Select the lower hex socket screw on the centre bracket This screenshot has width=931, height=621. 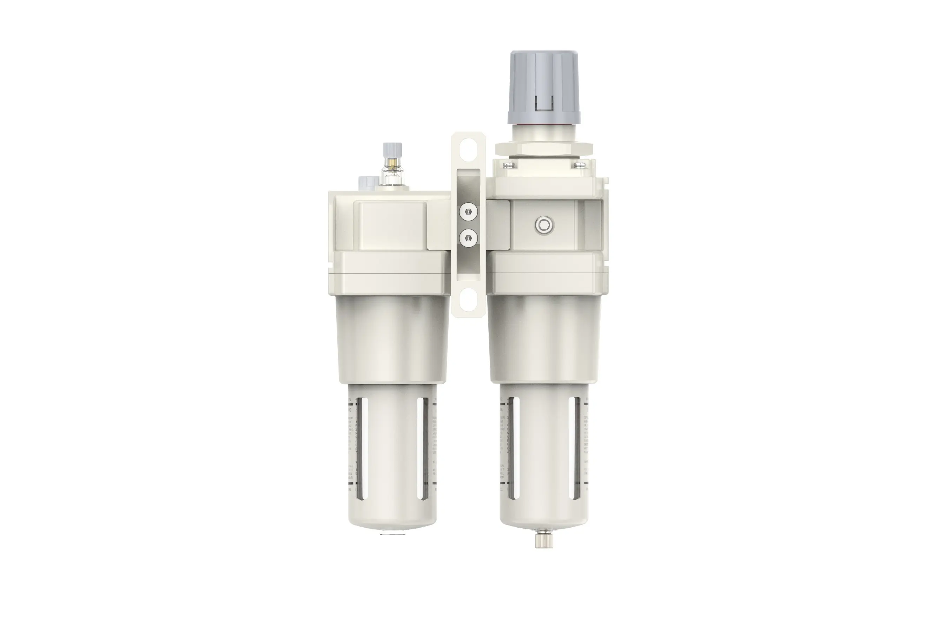pos(468,238)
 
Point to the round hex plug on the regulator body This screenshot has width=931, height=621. pos(544,226)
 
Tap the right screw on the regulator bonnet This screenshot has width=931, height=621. pos(580,165)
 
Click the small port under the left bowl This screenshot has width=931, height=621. pos(386,534)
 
